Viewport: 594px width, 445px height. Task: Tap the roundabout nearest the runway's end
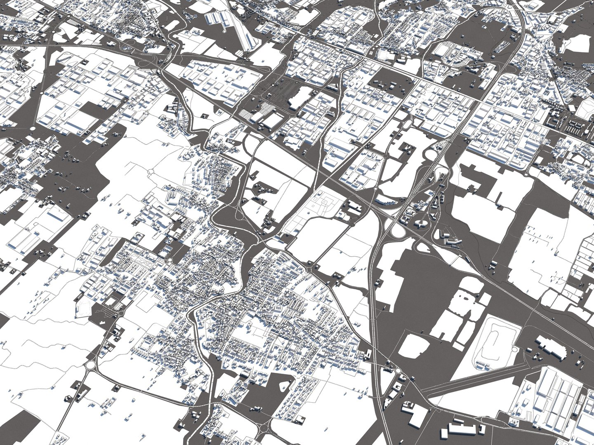pyautogui.click(x=399, y=371)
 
